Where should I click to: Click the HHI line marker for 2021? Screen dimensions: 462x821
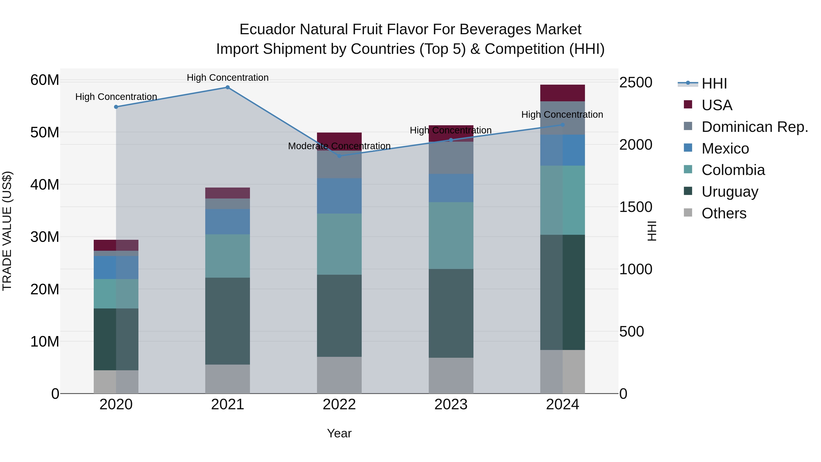(228, 87)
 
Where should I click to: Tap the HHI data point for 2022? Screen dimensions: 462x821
(339, 156)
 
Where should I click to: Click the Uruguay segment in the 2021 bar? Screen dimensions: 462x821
(228, 321)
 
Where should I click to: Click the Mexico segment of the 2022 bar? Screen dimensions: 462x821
(339, 196)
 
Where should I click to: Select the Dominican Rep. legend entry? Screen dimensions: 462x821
(754, 127)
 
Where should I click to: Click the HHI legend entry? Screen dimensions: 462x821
(714, 84)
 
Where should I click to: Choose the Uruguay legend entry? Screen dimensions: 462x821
(730, 192)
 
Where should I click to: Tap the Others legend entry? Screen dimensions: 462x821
(723, 213)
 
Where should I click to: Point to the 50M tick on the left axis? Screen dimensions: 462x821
(45, 132)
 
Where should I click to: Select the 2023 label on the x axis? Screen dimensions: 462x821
(451, 404)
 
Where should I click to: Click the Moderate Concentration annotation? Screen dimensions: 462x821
(339, 146)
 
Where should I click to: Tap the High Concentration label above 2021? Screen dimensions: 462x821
(228, 78)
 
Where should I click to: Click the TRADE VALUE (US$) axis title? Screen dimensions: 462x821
(7, 231)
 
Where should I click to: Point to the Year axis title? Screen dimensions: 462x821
(339, 433)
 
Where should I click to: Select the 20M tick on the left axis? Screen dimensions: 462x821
(45, 289)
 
